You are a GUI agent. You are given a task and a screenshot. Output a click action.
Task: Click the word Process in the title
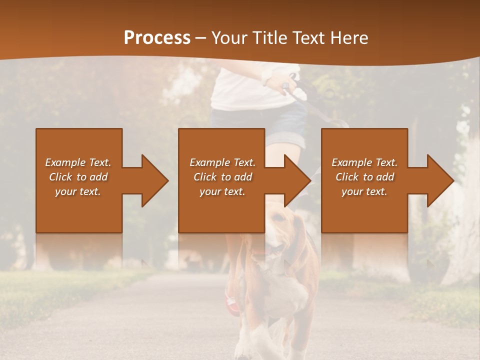click(x=157, y=38)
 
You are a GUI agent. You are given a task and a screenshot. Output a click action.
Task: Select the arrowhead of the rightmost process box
click(x=440, y=180)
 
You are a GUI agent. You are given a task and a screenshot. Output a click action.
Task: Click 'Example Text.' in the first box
click(x=78, y=162)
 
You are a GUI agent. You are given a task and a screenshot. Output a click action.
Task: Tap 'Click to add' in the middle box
click(x=222, y=177)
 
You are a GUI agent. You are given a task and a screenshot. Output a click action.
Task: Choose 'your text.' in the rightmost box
click(x=364, y=191)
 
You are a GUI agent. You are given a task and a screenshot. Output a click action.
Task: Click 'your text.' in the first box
click(x=78, y=191)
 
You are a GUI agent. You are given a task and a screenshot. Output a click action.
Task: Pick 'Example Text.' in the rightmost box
click(x=364, y=162)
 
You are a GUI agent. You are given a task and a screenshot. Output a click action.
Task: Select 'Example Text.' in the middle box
click(x=222, y=162)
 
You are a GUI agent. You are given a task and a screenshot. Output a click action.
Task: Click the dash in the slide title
click(x=201, y=38)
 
